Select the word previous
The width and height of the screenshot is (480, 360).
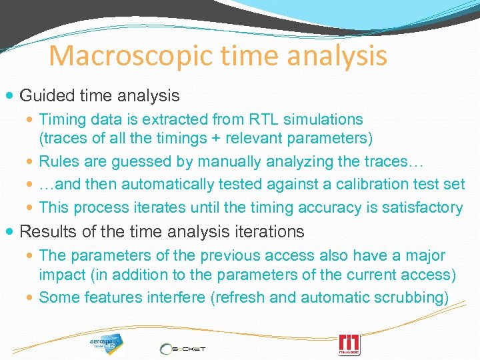coord(221,255)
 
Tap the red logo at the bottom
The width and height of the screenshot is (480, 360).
coord(349,345)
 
